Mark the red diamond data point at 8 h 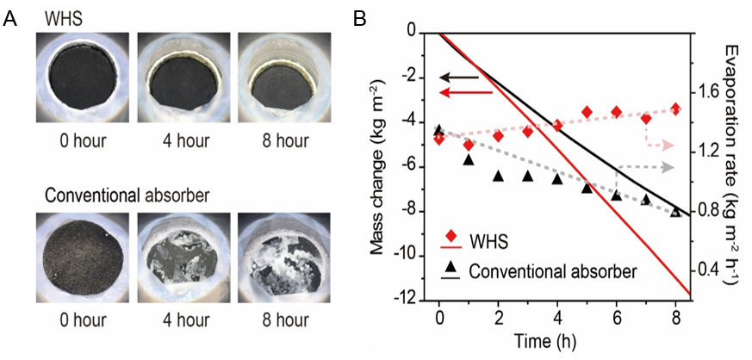676,109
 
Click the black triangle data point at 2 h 498,176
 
